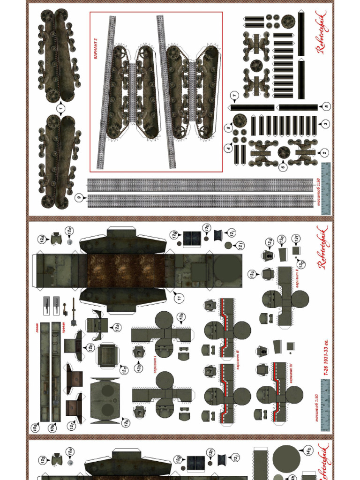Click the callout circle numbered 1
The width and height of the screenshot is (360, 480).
pos(60,109)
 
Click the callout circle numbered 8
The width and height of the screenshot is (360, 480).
pos(229,127)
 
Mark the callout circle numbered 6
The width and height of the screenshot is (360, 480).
pos(283,166)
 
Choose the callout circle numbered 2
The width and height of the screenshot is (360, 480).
pos(323,153)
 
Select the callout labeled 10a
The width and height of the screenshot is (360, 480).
pos(35,427)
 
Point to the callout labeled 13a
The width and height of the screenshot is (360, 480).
pos(180,318)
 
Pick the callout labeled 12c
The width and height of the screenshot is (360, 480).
pos(124,370)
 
